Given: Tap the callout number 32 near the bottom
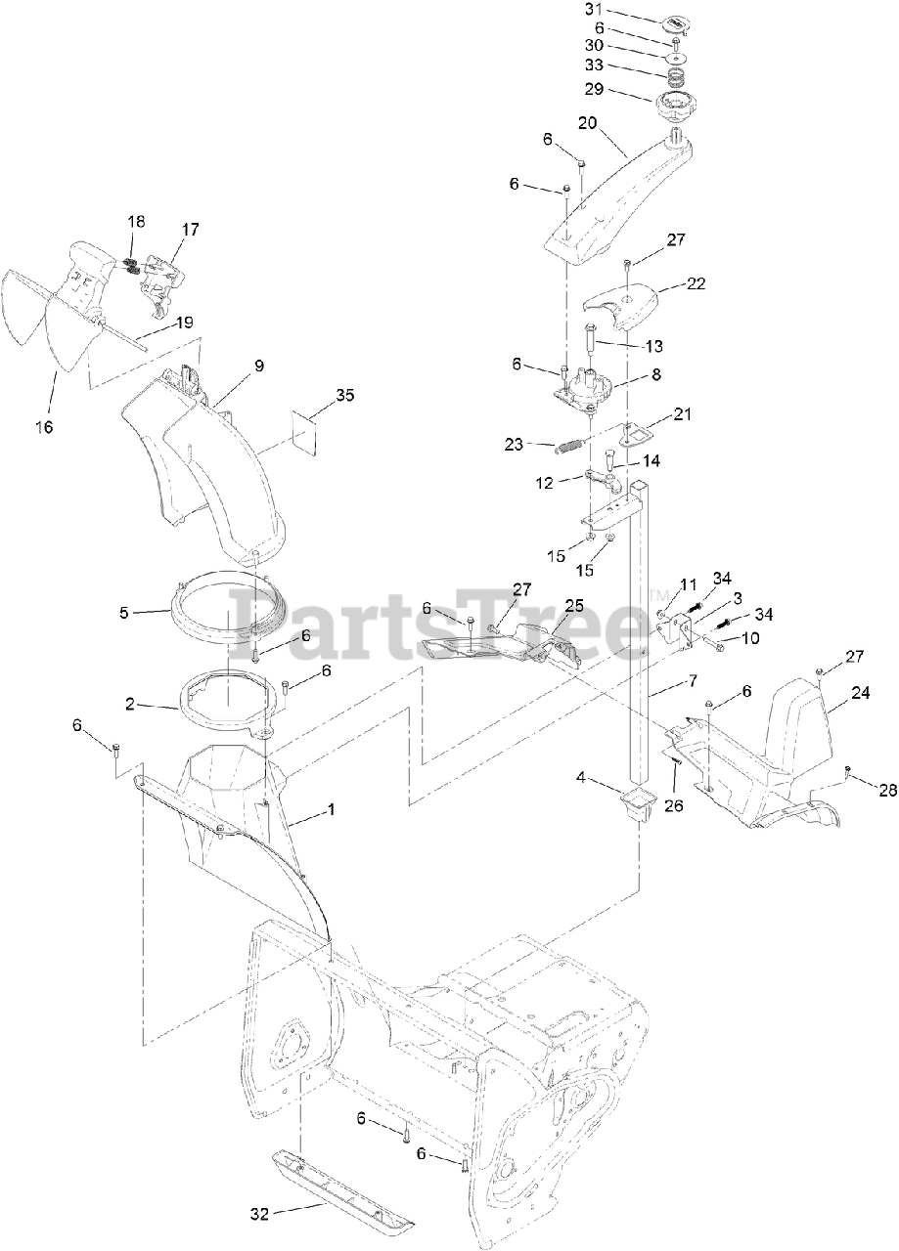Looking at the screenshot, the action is pos(259,1215).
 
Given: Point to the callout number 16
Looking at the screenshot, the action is pos(44,426).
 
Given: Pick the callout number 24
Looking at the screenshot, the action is pos(860,691).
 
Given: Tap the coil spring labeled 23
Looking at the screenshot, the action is pos(570,448).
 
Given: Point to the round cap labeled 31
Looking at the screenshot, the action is pos(676,22).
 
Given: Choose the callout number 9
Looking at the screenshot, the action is pos(259,367).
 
